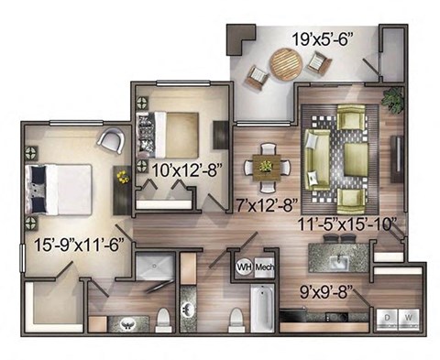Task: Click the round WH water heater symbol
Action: (245, 267)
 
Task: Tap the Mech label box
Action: (264, 267)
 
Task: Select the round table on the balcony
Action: (286, 65)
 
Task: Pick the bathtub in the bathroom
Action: (261, 310)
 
